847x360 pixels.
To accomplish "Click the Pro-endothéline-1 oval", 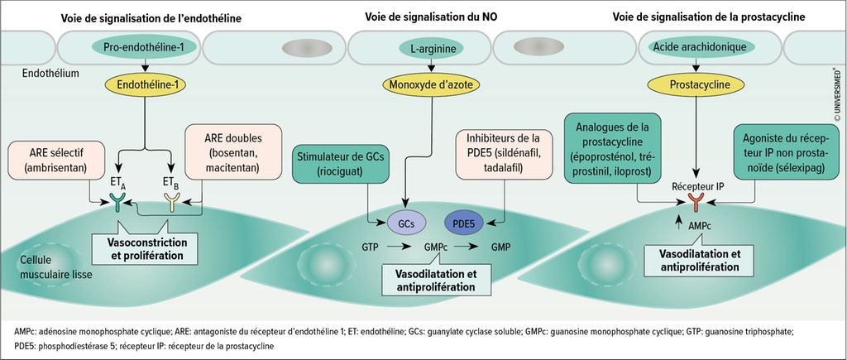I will (145, 48).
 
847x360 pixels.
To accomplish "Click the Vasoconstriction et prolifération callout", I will (146, 251).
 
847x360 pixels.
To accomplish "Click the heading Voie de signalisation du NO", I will (423, 17).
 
